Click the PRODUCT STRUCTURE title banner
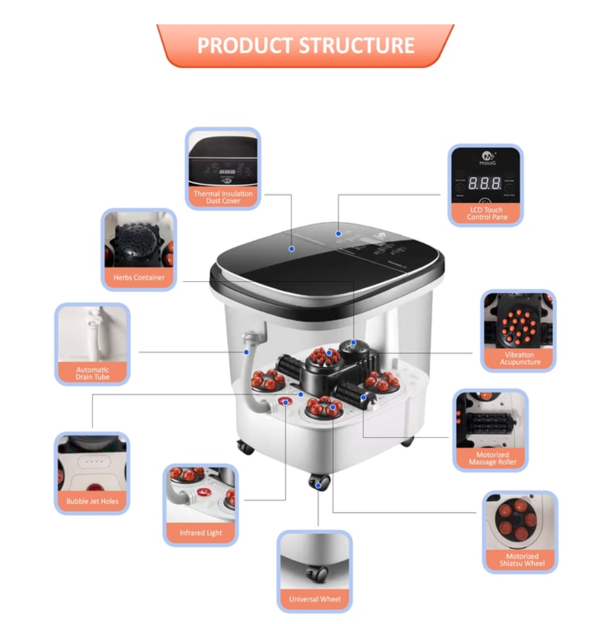coord(305,46)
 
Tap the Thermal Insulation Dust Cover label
coord(223,197)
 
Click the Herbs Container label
coord(139,277)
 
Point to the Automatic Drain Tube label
coord(92,373)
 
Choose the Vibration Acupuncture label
coord(519,358)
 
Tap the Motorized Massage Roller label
coord(492,458)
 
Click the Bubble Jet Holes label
coord(92,501)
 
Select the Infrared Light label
coord(200,533)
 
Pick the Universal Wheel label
coord(315,599)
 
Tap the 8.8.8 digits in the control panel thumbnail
coord(484,183)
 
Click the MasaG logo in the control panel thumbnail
coord(486,157)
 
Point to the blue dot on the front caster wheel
coord(318,484)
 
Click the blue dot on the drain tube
coord(247,352)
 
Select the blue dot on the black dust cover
coord(292,248)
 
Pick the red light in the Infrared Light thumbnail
coord(202,492)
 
